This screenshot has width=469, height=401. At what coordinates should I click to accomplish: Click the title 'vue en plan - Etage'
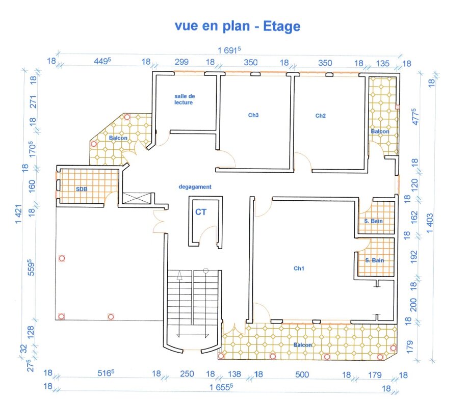238,26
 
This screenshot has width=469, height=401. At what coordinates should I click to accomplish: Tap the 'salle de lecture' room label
185,99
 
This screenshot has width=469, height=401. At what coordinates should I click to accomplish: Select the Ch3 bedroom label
253,115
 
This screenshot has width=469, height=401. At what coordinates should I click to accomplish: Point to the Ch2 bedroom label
320,116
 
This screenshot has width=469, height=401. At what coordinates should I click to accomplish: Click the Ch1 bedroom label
299,268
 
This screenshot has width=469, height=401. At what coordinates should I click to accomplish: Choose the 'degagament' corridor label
195,187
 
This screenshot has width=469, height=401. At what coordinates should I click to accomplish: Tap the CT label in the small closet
201,212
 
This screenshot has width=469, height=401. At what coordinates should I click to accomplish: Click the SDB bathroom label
82,189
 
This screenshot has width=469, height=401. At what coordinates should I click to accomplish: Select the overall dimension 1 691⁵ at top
229,50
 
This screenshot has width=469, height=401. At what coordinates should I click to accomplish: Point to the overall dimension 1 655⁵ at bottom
221,387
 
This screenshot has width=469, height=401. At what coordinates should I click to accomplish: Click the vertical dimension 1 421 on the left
18,214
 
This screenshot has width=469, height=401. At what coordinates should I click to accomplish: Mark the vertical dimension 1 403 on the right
430,223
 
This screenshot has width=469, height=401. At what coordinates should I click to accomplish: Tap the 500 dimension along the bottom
302,375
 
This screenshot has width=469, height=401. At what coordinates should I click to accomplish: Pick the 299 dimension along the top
181,62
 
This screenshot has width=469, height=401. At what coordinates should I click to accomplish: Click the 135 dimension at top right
382,63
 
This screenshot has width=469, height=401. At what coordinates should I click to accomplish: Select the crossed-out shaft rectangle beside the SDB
137,198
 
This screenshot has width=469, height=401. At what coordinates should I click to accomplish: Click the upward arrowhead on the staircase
179,276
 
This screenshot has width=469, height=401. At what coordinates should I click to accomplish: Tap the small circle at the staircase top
205,271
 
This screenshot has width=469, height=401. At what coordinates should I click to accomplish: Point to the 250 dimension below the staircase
187,374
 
